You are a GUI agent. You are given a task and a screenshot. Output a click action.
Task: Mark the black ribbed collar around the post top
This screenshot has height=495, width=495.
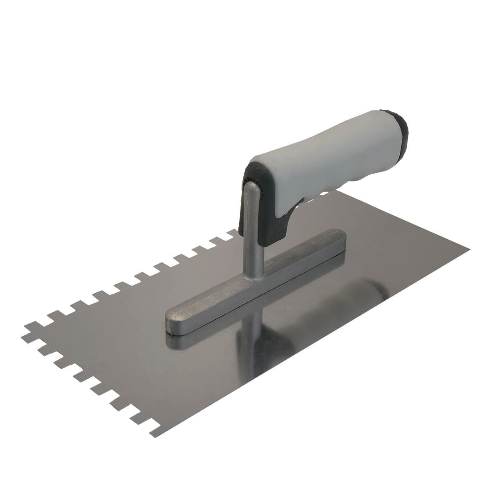click(x=252, y=184)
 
